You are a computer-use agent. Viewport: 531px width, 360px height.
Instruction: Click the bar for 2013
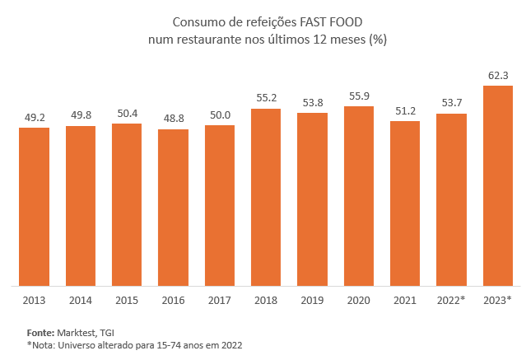tap(35, 206)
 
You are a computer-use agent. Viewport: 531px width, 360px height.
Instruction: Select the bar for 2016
tap(173, 207)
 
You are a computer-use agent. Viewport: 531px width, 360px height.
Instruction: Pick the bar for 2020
tap(359, 196)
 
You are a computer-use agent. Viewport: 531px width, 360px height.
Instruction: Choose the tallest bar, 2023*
tap(498, 185)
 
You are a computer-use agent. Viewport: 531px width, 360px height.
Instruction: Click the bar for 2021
tap(405, 203)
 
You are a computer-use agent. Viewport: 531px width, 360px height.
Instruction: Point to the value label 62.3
tap(498, 76)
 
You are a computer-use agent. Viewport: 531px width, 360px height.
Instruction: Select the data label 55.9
tap(359, 96)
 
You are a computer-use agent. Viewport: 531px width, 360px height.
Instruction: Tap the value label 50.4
tap(127, 114)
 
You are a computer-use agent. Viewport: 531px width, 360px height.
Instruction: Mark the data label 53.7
tap(451, 103)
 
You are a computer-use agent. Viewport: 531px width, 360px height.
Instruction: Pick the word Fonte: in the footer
tap(41, 332)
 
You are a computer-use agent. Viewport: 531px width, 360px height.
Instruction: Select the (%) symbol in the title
tap(378, 39)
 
